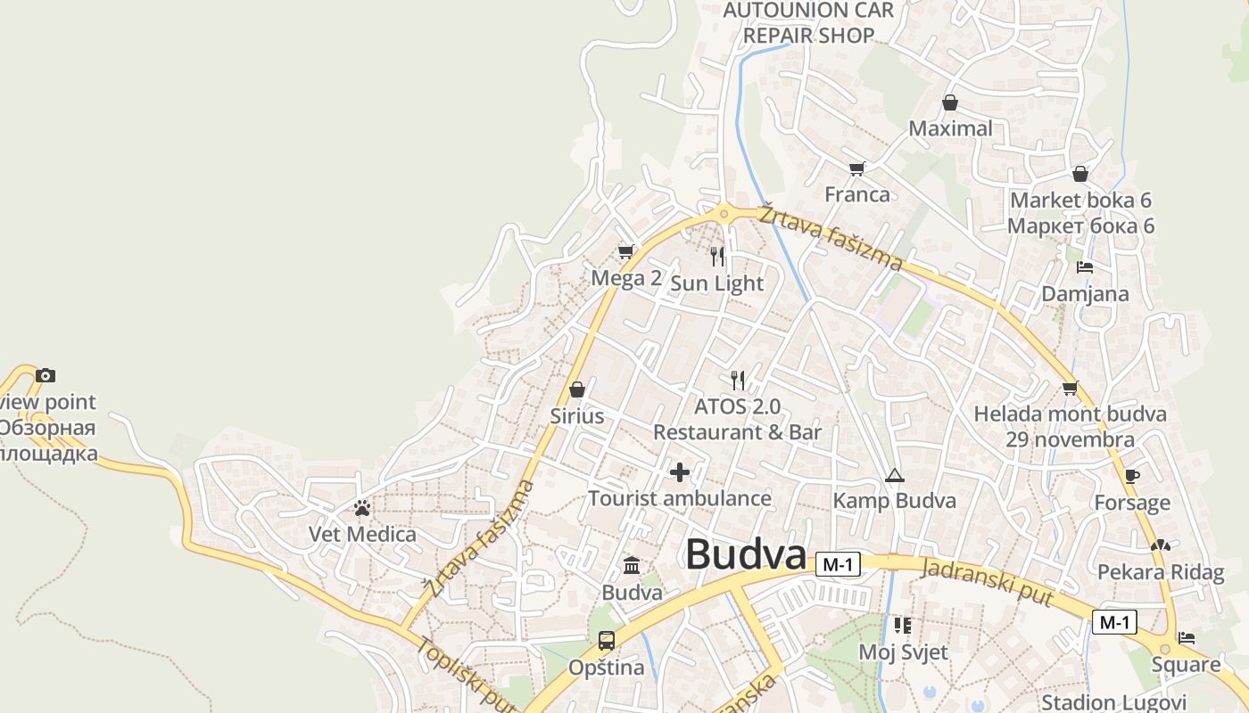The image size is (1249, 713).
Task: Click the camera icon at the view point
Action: point(45,376)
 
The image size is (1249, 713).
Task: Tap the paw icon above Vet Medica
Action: point(362,508)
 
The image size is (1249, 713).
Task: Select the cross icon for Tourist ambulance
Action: point(680,472)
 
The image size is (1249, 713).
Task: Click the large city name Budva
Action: point(746,554)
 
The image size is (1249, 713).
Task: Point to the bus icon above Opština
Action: point(606,640)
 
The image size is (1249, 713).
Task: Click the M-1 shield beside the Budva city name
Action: point(838,564)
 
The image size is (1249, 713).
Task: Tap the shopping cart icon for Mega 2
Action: point(625,252)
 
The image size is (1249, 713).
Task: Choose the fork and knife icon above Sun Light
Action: point(718,257)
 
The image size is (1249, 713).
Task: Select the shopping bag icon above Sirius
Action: point(576,389)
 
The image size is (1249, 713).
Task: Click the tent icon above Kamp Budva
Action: point(894,475)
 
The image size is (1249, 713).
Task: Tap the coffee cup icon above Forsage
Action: point(1131,477)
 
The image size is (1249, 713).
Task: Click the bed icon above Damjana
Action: point(1085,267)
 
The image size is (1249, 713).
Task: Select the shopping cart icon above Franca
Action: point(856,168)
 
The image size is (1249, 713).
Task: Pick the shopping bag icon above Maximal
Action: point(950,102)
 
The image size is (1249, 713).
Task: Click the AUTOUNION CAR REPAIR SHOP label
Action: point(808,23)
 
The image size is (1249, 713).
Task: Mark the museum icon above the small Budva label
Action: point(632,565)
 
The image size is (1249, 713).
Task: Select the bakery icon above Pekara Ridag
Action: point(1160,545)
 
